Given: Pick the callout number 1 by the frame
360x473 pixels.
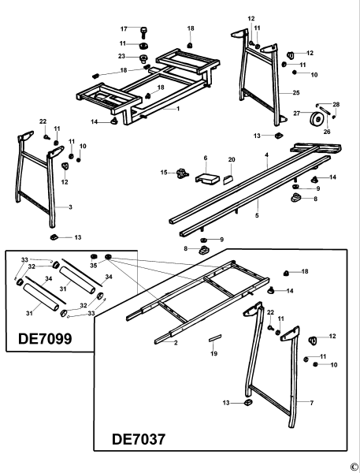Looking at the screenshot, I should tap(178, 108).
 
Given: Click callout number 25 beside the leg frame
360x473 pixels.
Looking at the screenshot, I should tap(295, 93).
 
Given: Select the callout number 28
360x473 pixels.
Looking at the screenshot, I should tap(337, 104).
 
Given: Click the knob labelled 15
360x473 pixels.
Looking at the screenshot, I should tap(184, 172).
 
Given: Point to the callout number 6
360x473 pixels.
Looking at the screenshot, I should tap(205, 158).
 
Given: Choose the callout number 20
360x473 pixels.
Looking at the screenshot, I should tap(231, 159).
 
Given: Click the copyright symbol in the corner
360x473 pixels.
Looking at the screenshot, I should tap(354, 466).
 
